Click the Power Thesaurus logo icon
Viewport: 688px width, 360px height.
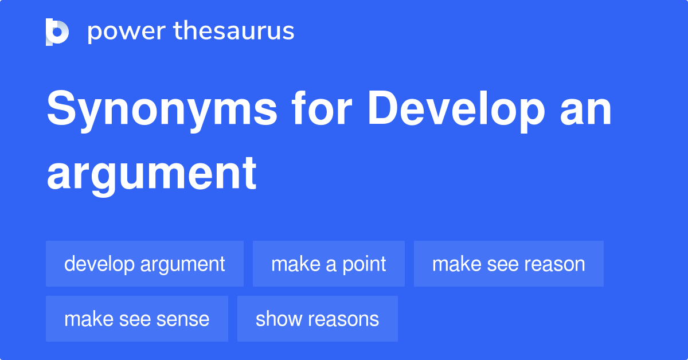57,32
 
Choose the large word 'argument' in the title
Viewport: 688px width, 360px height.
151,173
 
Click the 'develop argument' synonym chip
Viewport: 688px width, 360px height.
144,264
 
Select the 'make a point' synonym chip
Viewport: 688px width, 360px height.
329,264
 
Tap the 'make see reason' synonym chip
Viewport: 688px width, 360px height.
509,264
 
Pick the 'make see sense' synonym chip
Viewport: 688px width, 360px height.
136,319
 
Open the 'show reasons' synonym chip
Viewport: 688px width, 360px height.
317,319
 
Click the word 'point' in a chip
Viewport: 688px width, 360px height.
365,264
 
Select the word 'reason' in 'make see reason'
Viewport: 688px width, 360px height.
554,264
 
